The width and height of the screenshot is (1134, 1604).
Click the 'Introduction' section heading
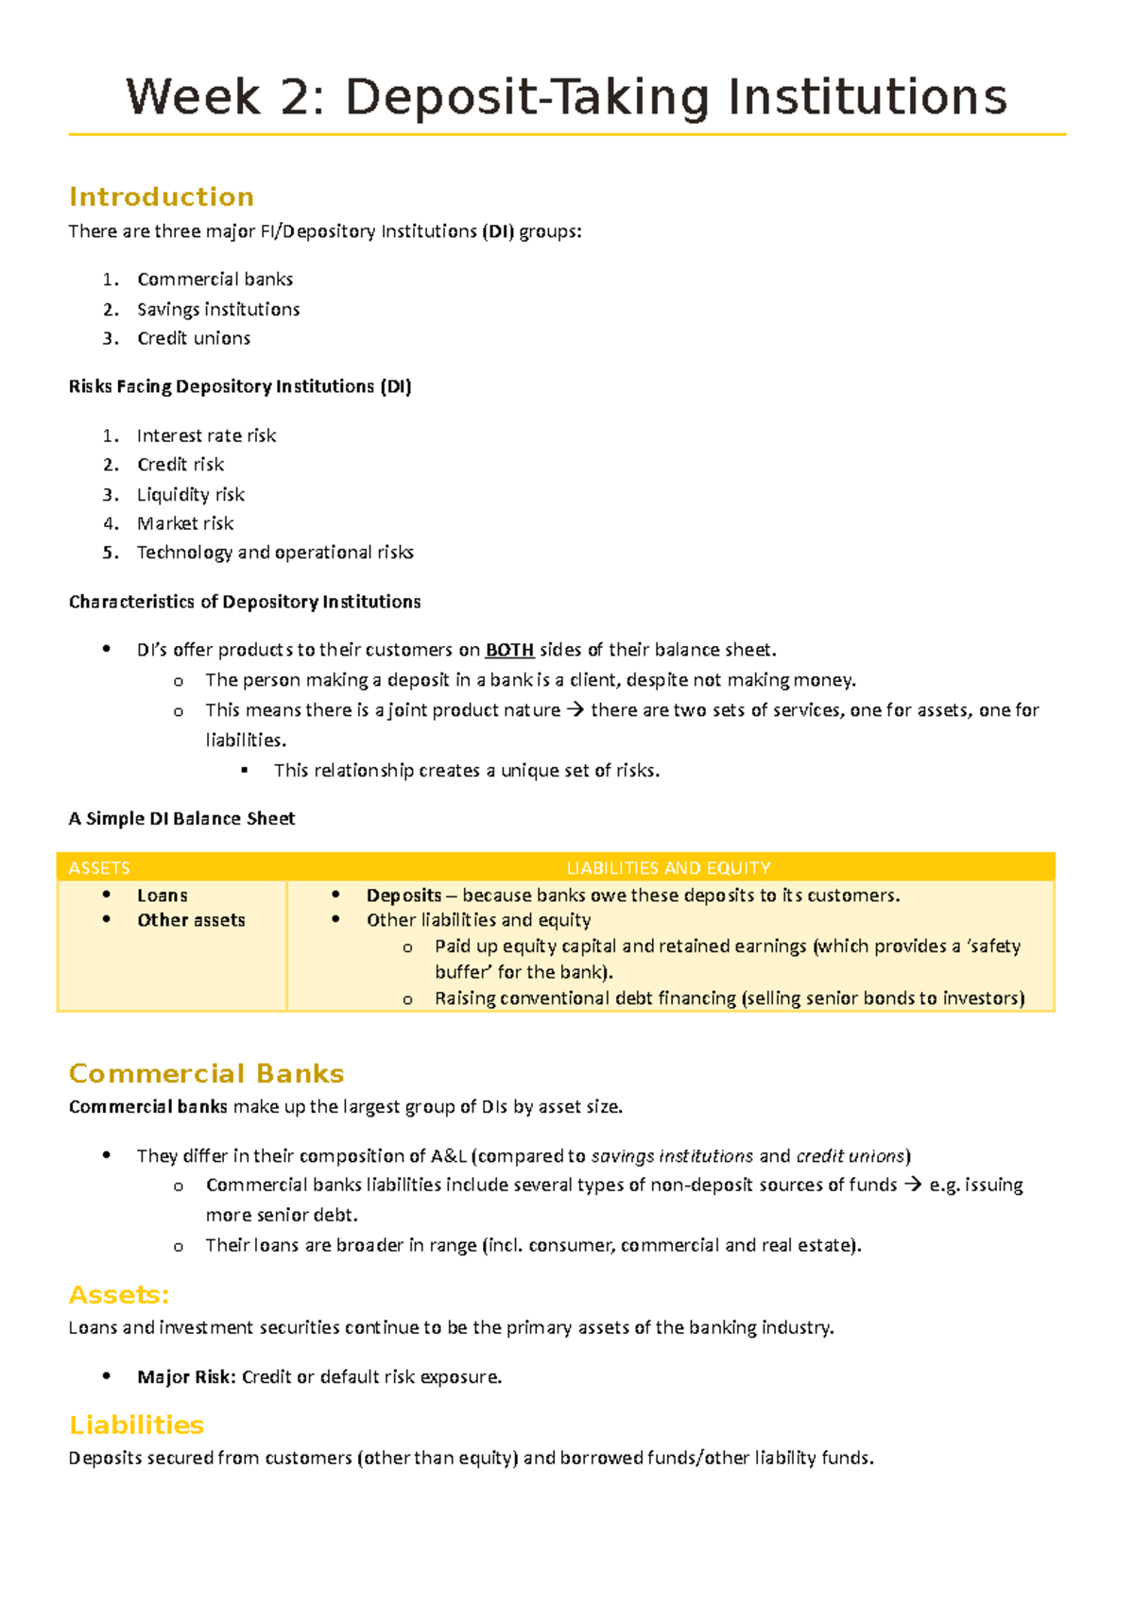162,196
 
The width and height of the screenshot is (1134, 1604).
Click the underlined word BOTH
509,650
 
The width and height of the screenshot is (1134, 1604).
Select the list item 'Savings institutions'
218,309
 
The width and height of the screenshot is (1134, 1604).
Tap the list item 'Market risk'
185,523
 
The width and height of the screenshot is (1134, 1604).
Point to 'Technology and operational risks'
275,553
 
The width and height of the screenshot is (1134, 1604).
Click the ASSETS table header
99,867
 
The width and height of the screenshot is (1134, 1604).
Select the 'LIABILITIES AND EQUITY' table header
668,867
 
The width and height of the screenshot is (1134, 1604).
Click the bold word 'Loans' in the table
163,896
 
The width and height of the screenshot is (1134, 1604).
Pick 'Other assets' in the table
191,920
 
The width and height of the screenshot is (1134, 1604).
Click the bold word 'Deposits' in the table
404,896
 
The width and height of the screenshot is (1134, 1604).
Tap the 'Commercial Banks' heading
206,1073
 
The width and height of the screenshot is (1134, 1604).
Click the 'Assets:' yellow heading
119,1294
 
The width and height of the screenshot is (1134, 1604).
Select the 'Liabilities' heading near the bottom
137,1425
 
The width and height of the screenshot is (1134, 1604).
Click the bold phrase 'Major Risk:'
186,1377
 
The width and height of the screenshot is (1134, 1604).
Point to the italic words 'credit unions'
850,1156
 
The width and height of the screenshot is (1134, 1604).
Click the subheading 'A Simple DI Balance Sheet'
181,819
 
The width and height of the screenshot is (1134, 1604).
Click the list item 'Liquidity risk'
190,494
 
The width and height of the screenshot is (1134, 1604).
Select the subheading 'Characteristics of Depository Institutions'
245,602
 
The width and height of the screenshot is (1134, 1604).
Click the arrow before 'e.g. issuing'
913,1185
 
